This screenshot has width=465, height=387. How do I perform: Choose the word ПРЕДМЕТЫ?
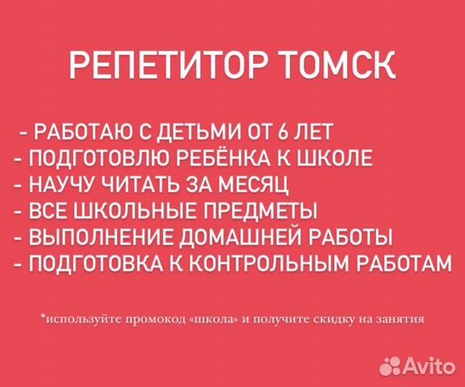tap(254, 210)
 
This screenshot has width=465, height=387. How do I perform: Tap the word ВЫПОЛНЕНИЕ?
tap(86, 237)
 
